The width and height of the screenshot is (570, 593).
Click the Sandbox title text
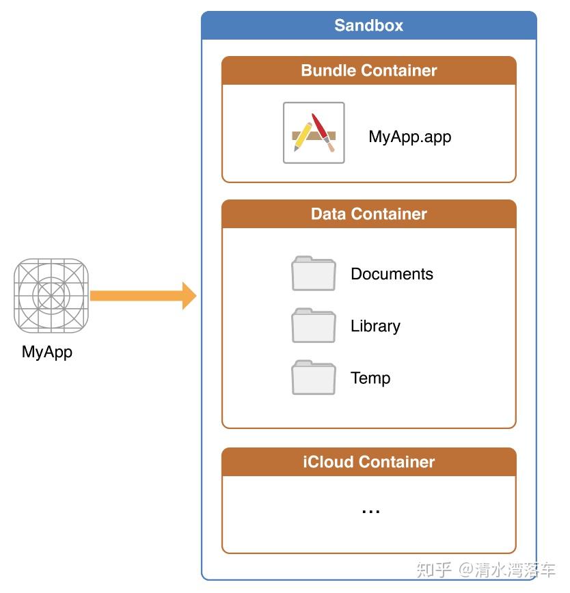(x=369, y=25)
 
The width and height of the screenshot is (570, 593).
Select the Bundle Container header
(x=369, y=70)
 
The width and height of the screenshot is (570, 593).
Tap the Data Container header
(x=369, y=214)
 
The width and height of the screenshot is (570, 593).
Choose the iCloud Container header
(x=369, y=462)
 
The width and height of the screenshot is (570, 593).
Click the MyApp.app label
(x=410, y=137)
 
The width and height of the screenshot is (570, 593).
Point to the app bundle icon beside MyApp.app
(x=314, y=133)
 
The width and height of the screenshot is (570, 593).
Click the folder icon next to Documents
(x=314, y=273)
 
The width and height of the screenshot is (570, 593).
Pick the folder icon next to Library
(x=314, y=325)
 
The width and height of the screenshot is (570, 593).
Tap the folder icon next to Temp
(x=314, y=377)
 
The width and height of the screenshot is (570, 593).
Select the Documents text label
(x=392, y=274)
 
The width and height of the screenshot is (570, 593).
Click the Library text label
(x=375, y=326)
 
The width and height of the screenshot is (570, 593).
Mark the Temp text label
(x=370, y=378)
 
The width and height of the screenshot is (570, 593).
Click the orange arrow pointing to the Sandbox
(x=144, y=296)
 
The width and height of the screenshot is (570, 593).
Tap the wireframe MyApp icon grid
(x=51, y=296)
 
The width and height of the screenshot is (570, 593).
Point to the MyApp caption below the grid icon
(x=47, y=352)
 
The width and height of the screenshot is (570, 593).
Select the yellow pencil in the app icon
(x=303, y=137)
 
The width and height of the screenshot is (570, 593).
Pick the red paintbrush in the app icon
(x=323, y=132)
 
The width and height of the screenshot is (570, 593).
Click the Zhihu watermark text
(x=486, y=570)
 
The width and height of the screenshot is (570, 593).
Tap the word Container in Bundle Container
(x=399, y=70)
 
